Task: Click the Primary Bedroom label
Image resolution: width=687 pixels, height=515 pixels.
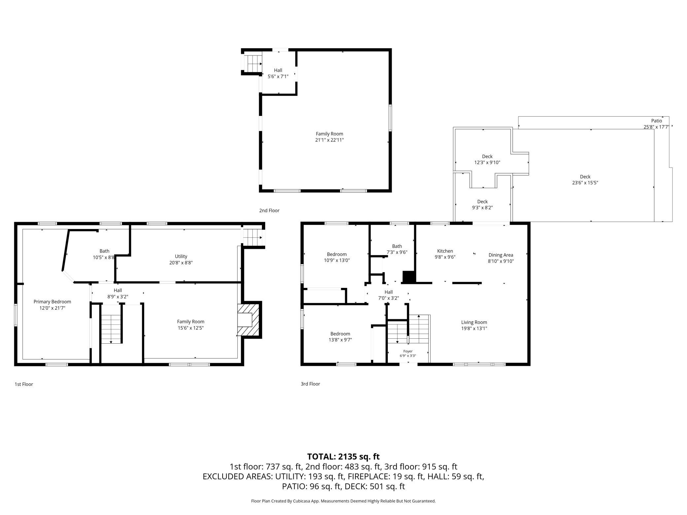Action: click(52, 302)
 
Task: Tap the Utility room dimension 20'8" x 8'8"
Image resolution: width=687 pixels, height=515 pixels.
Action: click(181, 263)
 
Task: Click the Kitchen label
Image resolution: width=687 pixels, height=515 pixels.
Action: click(445, 251)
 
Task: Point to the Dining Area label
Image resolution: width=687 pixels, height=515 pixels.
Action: click(501, 255)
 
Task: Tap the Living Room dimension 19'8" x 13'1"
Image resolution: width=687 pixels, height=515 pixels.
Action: click(474, 328)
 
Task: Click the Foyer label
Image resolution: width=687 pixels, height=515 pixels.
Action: click(408, 351)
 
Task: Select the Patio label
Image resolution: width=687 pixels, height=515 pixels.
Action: click(657, 121)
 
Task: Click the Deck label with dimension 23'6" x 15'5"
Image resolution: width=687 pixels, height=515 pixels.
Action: click(585, 177)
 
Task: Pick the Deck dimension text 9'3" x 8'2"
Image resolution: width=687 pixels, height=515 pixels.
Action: click(482, 208)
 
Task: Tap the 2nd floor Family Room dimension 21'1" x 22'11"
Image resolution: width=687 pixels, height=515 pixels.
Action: click(329, 140)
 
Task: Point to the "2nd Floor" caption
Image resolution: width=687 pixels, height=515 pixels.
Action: click(269, 211)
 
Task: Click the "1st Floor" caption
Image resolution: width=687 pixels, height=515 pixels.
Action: click(24, 384)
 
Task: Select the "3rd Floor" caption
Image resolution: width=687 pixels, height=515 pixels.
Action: click(310, 384)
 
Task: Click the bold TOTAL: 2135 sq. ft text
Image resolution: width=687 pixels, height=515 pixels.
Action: click(343, 457)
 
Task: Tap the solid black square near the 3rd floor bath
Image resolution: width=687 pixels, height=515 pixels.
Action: click(409, 277)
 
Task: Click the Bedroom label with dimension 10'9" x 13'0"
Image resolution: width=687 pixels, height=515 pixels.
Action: click(337, 254)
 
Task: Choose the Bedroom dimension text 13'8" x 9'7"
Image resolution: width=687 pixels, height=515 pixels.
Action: click(340, 340)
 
